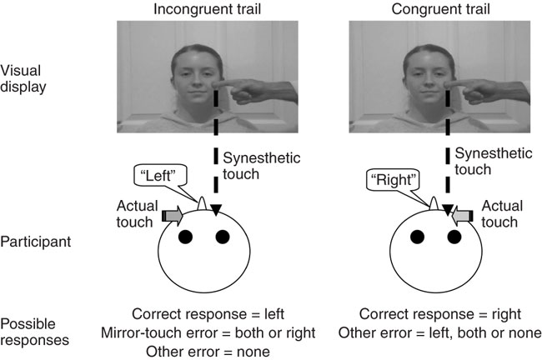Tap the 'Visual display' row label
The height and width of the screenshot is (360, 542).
(x=25, y=77)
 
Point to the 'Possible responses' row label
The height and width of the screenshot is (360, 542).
(x=33, y=328)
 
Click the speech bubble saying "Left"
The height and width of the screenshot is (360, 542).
(x=161, y=175)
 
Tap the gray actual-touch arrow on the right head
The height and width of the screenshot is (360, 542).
(x=462, y=216)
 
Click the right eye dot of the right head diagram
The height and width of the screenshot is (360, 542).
(x=454, y=237)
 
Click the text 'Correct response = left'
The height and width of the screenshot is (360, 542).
(x=209, y=314)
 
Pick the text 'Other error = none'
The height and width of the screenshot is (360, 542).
(x=209, y=351)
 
